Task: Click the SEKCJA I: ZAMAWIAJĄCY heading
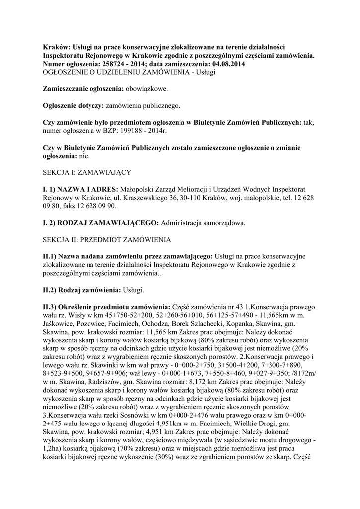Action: [x=87, y=172]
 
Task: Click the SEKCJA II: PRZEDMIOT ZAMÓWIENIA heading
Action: [x=107, y=240]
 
